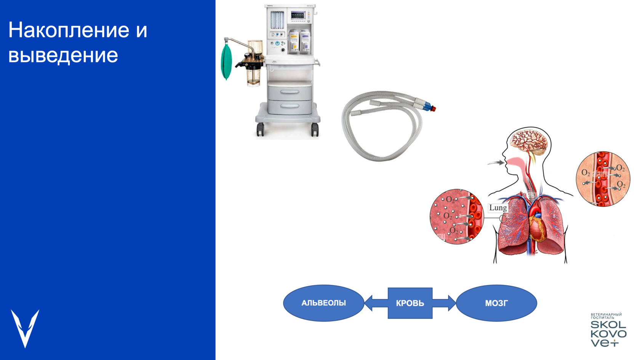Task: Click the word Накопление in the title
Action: click(69, 30)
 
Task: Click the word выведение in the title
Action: click(63, 55)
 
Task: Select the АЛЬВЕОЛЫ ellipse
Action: click(323, 303)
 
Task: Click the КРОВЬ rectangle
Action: click(410, 303)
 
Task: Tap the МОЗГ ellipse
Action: click(496, 303)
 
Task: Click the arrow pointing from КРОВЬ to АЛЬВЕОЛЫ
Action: click(375, 303)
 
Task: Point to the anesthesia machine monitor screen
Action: click(298, 16)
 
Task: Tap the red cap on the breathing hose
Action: click(434, 109)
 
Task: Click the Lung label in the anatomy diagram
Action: click(498, 208)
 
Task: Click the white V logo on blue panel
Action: click(25, 328)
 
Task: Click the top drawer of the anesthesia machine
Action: click(290, 92)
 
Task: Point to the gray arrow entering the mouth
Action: click(496, 163)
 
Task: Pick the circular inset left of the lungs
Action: click(456, 216)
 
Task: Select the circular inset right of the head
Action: click(603, 179)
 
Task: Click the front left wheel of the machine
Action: click(260, 130)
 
